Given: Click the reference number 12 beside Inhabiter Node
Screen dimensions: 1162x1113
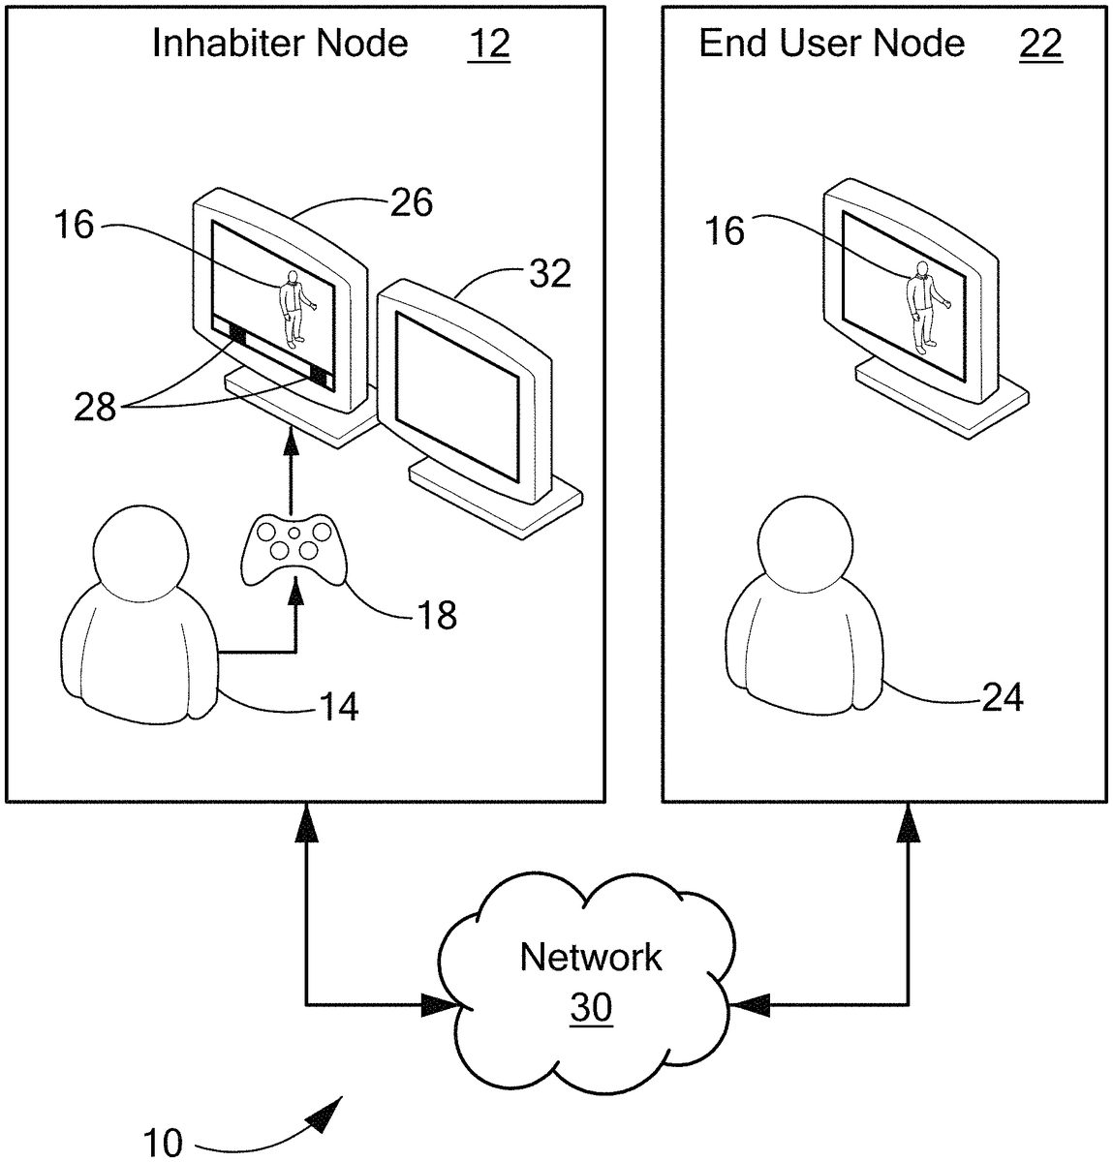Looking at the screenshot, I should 488,45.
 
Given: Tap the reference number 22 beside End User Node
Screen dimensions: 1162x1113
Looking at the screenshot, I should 1040,45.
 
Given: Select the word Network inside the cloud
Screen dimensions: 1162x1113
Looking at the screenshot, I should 591,957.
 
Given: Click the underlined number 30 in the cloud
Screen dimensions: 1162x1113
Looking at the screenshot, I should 591,1009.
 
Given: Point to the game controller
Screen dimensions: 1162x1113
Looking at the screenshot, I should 293,549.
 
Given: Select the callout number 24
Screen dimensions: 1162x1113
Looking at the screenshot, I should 1002,696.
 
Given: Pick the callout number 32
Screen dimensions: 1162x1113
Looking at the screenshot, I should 549,274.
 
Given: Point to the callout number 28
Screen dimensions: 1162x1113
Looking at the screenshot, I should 96,408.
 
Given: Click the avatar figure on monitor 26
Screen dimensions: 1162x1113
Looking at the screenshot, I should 292,309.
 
